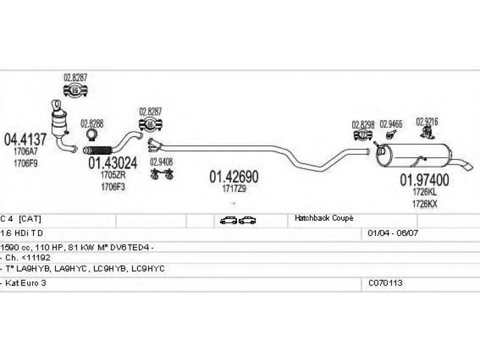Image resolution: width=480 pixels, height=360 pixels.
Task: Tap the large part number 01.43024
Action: [113, 163]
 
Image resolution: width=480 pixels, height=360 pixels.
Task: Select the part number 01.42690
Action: [233, 177]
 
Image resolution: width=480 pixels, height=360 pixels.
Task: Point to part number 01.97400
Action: [425, 179]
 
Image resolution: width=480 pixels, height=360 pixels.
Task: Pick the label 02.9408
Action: [161, 161]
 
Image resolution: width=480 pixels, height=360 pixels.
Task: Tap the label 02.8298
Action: [363, 125]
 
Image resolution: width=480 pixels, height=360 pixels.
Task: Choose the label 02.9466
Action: [391, 124]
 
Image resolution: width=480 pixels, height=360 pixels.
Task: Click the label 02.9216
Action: [427, 121]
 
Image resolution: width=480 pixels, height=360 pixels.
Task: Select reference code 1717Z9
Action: [233, 188]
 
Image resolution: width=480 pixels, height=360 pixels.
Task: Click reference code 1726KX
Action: [425, 204]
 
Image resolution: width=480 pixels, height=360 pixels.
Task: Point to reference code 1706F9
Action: [25, 163]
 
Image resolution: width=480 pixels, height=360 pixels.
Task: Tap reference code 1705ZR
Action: [113, 176]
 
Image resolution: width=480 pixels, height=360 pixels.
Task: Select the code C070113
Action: [386, 282]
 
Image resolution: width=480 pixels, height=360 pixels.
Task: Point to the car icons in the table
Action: [238, 220]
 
